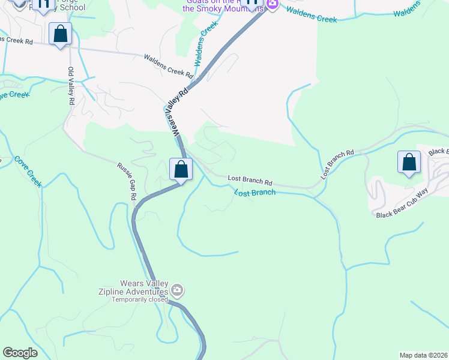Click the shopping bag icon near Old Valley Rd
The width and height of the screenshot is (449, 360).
coord(61,34)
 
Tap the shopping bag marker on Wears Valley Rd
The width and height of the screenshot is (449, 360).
coord(181,169)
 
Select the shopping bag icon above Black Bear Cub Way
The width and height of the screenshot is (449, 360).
coord(409,162)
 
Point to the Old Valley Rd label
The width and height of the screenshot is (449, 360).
coord(71,86)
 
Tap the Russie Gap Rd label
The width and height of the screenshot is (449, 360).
coord(127,181)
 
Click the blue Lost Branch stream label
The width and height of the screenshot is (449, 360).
coord(255,193)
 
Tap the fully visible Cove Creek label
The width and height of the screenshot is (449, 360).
coord(28,172)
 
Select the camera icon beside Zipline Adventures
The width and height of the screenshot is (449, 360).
coord(177,291)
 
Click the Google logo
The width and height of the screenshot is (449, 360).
coord(20,353)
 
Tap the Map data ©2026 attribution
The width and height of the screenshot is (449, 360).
coord(423,355)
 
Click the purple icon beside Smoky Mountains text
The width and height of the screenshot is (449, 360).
coord(272,5)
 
